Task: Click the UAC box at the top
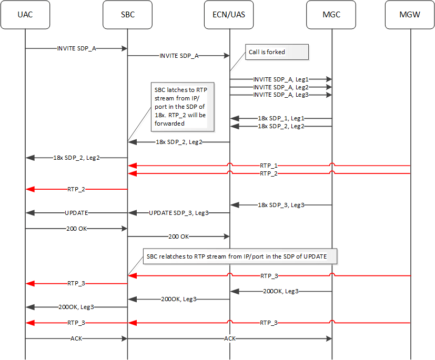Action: pos(25,15)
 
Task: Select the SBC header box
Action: pos(127,15)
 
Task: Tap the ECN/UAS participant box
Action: pos(229,15)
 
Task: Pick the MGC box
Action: pos(331,15)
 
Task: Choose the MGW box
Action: pos(410,15)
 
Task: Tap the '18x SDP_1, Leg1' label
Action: pos(281,119)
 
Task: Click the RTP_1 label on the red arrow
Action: pos(269,166)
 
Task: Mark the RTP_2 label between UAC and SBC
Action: pos(76,189)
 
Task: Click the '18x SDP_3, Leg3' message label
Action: pos(281,204)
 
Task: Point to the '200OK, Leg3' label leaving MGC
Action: pos(281,291)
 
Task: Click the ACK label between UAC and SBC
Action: pos(76,338)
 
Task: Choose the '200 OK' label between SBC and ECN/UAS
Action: pos(178,236)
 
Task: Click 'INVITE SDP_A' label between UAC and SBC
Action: pos(76,48)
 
